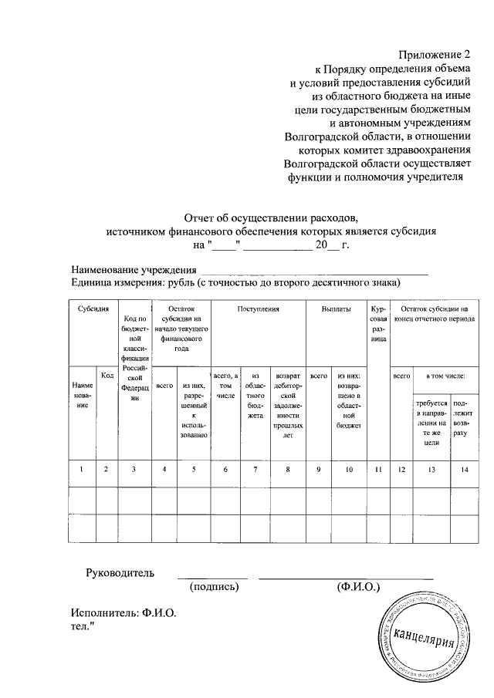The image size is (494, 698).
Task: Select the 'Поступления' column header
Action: click(x=258, y=309)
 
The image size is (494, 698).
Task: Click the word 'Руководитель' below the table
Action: click(x=120, y=573)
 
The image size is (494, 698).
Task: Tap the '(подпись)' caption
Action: click(x=214, y=587)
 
